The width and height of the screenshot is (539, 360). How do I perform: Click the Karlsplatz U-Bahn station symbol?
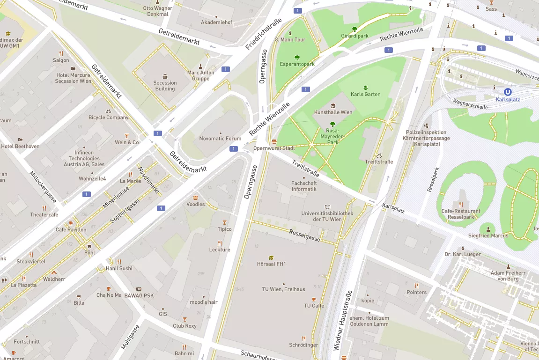click(x=508, y=92)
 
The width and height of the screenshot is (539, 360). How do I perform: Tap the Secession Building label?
click(x=165, y=86)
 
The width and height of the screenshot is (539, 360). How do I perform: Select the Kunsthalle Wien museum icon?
click(x=333, y=106)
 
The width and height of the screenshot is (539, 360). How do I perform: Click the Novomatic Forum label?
click(x=220, y=139)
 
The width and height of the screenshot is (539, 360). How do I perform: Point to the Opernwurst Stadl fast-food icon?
click(x=274, y=141)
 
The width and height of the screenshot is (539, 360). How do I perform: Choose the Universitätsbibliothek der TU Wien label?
click(x=327, y=216)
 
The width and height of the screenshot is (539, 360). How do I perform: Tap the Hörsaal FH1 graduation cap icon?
click(x=271, y=257)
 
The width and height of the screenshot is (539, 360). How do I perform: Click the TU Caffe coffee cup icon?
click(x=314, y=299)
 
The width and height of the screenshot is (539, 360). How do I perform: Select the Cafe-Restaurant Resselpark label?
click(x=461, y=214)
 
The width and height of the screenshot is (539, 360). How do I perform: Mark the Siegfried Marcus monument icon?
click(x=488, y=229)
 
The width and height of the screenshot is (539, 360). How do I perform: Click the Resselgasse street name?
click(x=304, y=235)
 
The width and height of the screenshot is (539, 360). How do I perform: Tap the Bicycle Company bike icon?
click(x=108, y=111)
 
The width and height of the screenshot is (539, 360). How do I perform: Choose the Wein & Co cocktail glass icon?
click(x=126, y=136)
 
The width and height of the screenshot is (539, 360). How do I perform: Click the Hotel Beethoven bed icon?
click(x=20, y=140)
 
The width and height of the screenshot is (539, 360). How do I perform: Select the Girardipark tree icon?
click(x=354, y=29)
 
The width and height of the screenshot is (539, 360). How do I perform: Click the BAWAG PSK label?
click(x=139, y=295)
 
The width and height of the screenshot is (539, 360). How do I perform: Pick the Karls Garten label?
click(x=365, y=94)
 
